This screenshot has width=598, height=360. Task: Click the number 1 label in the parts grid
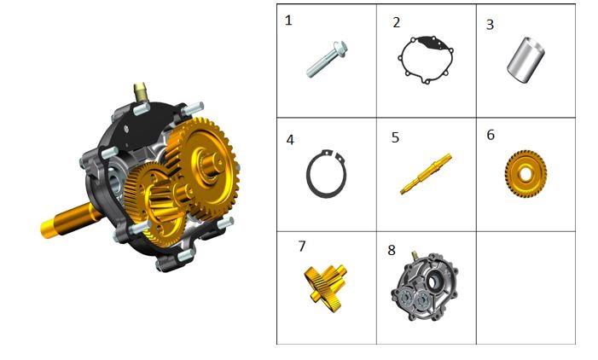(x=288, y=20)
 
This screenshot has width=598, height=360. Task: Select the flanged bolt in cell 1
(x=327, y=59)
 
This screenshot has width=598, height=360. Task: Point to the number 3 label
(x=490, y=25)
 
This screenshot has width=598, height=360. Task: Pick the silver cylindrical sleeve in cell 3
(x=525, y=60)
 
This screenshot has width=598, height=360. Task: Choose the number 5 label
(x=395, y=137)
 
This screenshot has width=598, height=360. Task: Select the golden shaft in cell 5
(x=426, y=174)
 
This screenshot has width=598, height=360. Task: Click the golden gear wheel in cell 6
(x=525, y=174)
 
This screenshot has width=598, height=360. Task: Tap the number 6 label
(x=491, y=135)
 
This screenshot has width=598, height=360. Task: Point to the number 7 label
(x=302, y=246)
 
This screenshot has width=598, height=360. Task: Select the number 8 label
(x=392, y=250)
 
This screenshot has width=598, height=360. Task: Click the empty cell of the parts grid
(x=526, y=287)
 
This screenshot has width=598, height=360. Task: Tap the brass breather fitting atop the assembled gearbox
(x=141, y=91)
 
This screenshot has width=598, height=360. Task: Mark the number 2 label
(x=397, y=22)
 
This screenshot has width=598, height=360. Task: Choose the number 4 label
(x=290, y=140)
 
